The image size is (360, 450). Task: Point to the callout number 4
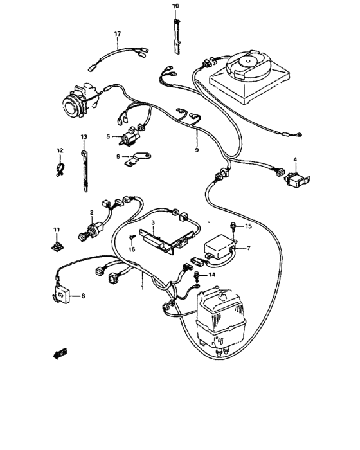click(x=295, y=159)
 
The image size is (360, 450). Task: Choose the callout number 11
click(x=56, y=229)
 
